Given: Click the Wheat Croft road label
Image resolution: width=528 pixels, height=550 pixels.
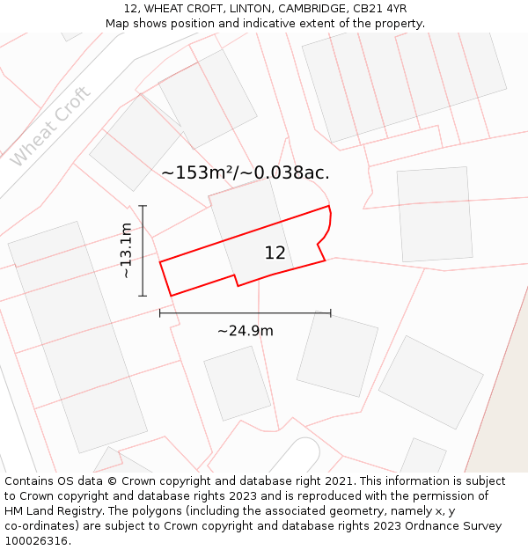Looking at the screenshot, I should (51, 127).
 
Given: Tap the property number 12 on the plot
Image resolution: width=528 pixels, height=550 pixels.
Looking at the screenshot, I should (275, 253).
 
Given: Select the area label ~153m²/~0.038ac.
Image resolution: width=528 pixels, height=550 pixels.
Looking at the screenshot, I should (246, 172).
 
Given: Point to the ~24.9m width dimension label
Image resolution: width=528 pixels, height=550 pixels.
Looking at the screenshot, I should (245, 331).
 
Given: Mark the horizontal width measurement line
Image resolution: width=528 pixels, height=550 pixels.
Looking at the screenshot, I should (245, 312).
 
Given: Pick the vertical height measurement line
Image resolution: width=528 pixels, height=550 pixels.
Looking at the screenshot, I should (143, 251).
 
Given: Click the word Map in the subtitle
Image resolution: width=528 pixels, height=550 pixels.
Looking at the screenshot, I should (117, 24).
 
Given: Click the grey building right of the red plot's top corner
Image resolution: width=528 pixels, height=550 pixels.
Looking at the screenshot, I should (434, 214).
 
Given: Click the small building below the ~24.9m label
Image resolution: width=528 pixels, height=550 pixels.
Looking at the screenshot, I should (237, 383).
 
